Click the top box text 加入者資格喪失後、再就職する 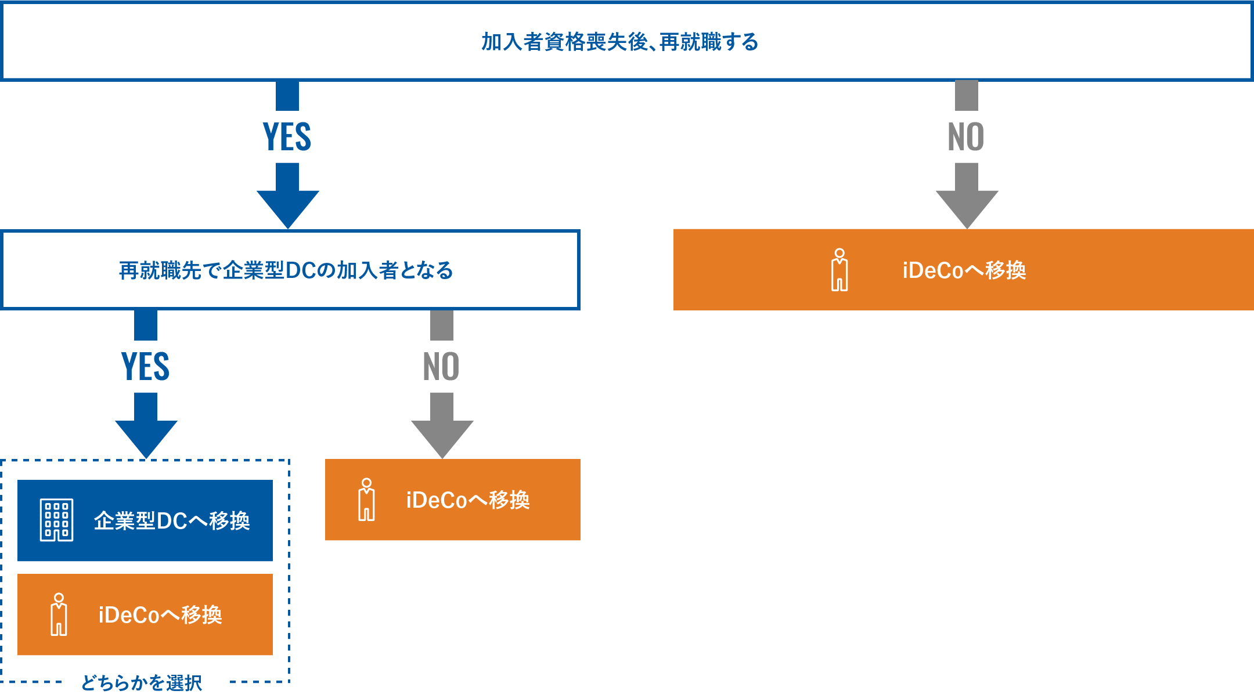(619, 42)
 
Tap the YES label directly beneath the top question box (287, 137)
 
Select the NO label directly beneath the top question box (966, 137)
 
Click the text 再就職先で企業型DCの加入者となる (286, 270)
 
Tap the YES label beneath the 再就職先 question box (145, 367)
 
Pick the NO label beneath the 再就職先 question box (441, 367)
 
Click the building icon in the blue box (56, 520)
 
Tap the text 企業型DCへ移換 (172, 521)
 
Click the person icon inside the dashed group (59, 614)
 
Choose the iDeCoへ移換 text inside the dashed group (160, 615)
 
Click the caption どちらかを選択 (142, 683)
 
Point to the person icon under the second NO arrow (366, 500)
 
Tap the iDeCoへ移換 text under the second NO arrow (468, 500)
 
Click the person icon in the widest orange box (839, 270)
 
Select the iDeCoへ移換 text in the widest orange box (964, 270)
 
